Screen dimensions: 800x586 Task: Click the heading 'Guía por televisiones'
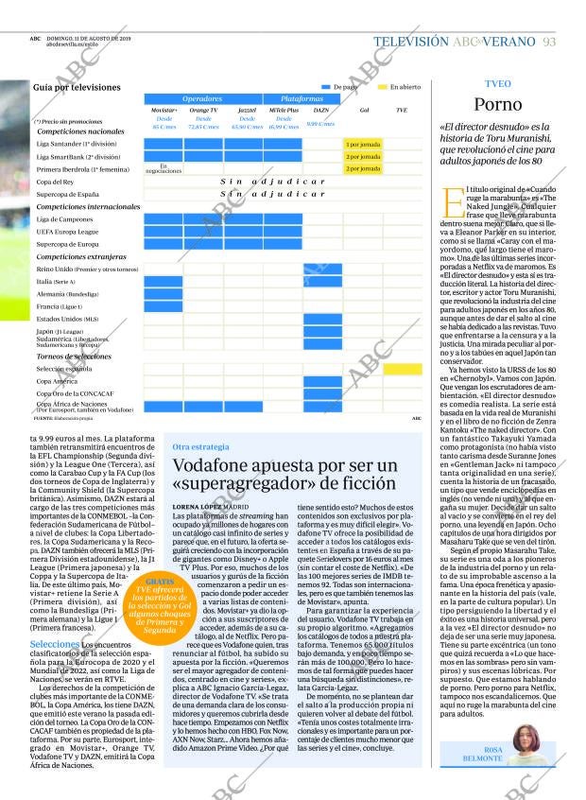[x=77, y=87]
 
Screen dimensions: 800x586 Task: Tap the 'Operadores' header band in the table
[x=202, y=98]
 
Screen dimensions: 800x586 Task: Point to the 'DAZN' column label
[x=321, y=111]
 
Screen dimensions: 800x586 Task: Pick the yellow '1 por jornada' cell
[x=363, y=144]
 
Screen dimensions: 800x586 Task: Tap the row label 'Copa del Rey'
[x=56, y=182]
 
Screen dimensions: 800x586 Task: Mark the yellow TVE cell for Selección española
[x=403, y=368]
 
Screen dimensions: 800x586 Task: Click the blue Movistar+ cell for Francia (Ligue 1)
[x=164, y=306]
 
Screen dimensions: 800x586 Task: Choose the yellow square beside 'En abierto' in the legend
[x=382, y=87]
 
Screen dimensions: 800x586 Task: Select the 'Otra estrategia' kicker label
[x=201, y=446]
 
